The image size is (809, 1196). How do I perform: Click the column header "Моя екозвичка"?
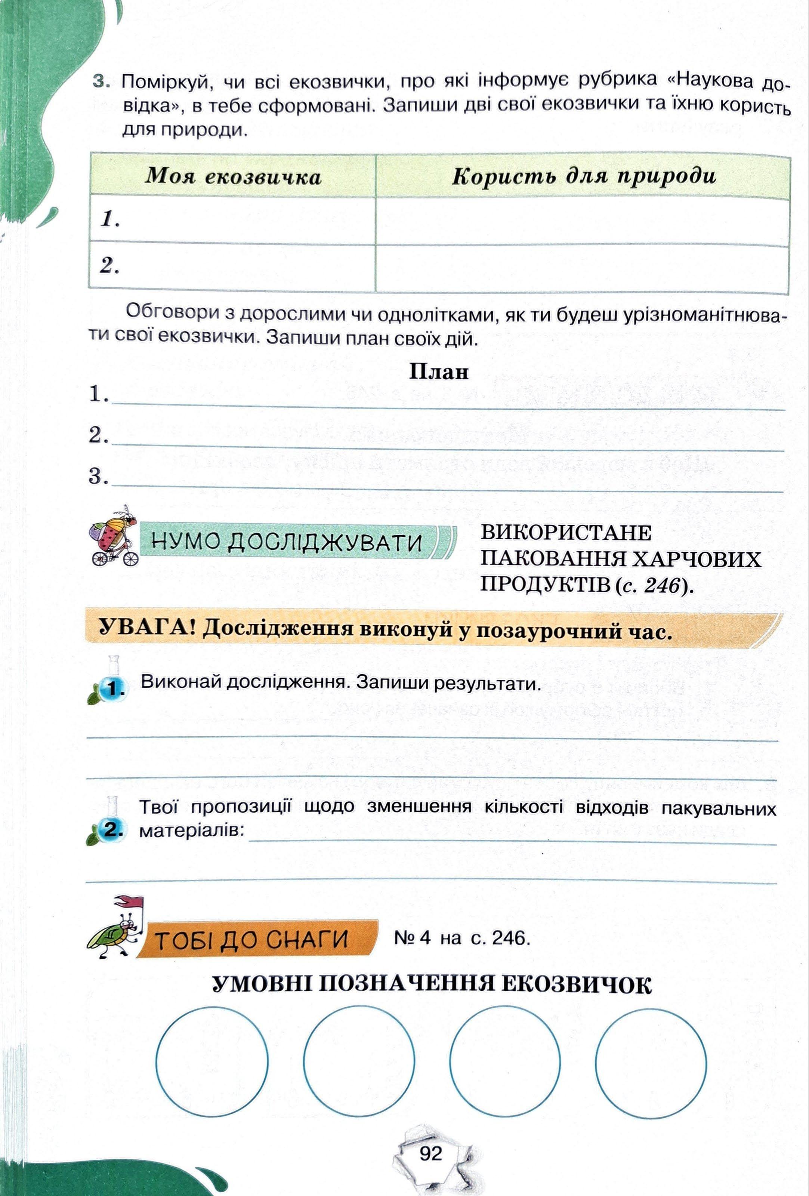click(233, 176)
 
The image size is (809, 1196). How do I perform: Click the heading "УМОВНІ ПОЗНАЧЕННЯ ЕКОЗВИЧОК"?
click(431, 985)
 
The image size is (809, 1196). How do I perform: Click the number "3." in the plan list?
click(98, 477)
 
